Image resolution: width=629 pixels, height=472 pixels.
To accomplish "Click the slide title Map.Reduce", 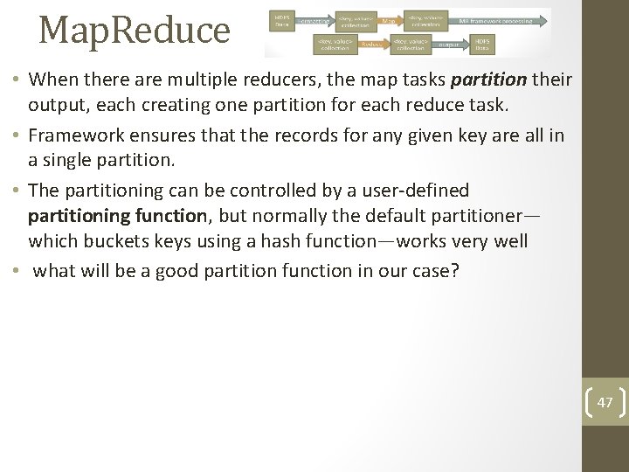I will click(x=135, y=30).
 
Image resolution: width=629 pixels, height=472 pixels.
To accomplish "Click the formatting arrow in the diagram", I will click(x=321, y=19).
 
